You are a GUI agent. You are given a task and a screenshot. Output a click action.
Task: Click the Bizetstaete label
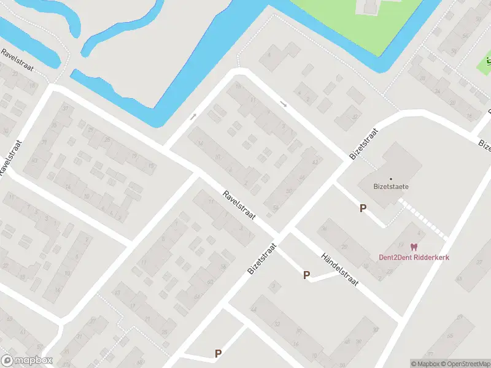(391, 187)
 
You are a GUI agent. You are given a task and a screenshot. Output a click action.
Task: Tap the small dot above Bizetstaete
(391, 178)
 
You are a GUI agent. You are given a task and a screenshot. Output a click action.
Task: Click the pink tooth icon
(414, 247)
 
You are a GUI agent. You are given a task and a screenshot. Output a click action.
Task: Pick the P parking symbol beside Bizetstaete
(363, 209)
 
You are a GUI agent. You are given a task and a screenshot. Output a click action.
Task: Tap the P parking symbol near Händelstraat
(306, 275)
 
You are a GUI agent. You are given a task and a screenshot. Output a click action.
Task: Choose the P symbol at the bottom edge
(218, 353)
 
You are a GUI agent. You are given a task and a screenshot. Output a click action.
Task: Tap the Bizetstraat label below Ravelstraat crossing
(263, 258)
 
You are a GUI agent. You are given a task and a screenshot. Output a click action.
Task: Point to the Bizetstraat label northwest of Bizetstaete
(363, 144)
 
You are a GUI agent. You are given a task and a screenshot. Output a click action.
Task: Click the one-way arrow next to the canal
(193, 116)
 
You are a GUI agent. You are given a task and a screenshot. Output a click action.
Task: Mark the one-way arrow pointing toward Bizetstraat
(283, 104)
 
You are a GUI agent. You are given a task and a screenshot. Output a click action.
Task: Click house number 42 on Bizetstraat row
(315, 162)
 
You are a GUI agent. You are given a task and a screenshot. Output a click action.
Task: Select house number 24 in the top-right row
(438, 91)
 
